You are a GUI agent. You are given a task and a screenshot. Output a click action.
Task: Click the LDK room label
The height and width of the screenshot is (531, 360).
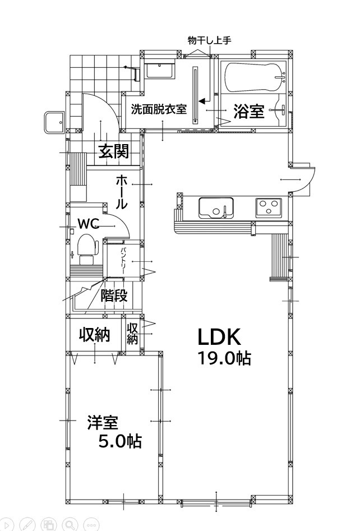click(219, 337)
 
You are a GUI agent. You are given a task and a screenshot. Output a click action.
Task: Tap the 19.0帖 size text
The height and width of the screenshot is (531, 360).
click(224, 358)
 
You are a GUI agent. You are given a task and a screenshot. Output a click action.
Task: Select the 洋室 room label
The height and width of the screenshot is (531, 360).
click(103, 423)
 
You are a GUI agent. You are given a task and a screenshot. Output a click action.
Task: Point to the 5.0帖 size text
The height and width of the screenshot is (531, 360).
click(120, 441)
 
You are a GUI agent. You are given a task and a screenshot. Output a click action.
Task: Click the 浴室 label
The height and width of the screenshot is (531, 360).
click(249, 110)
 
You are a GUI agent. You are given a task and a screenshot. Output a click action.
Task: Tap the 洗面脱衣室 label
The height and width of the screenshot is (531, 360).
click(159, 109)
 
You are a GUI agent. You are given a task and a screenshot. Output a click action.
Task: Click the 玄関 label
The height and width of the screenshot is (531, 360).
click(114, 151)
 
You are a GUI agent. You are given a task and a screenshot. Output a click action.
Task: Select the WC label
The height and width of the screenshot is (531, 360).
click(89, 223)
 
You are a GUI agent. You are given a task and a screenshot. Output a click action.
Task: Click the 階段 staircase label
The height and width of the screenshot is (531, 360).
click(114, 295)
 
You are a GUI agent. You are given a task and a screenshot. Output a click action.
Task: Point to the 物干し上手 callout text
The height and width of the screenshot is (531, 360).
click(210, 40)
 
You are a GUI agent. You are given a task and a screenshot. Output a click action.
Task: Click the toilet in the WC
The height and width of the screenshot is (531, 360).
click(87, 249)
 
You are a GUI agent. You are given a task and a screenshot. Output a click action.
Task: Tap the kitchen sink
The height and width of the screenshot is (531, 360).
click(216, 207)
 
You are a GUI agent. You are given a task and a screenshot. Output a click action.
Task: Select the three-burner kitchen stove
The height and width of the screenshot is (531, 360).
click(268, 207)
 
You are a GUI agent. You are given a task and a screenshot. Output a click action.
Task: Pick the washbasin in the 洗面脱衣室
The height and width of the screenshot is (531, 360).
click(160, 71)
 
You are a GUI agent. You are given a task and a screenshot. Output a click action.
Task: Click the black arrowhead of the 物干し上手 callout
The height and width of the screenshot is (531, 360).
click(202, 101)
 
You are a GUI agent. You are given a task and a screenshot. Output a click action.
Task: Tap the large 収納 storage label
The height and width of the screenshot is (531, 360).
click(95, 335)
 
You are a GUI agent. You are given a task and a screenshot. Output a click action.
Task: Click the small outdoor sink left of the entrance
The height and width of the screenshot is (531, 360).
click(54, 122)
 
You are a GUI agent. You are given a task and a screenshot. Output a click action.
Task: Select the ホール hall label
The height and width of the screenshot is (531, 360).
click(122, 192)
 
